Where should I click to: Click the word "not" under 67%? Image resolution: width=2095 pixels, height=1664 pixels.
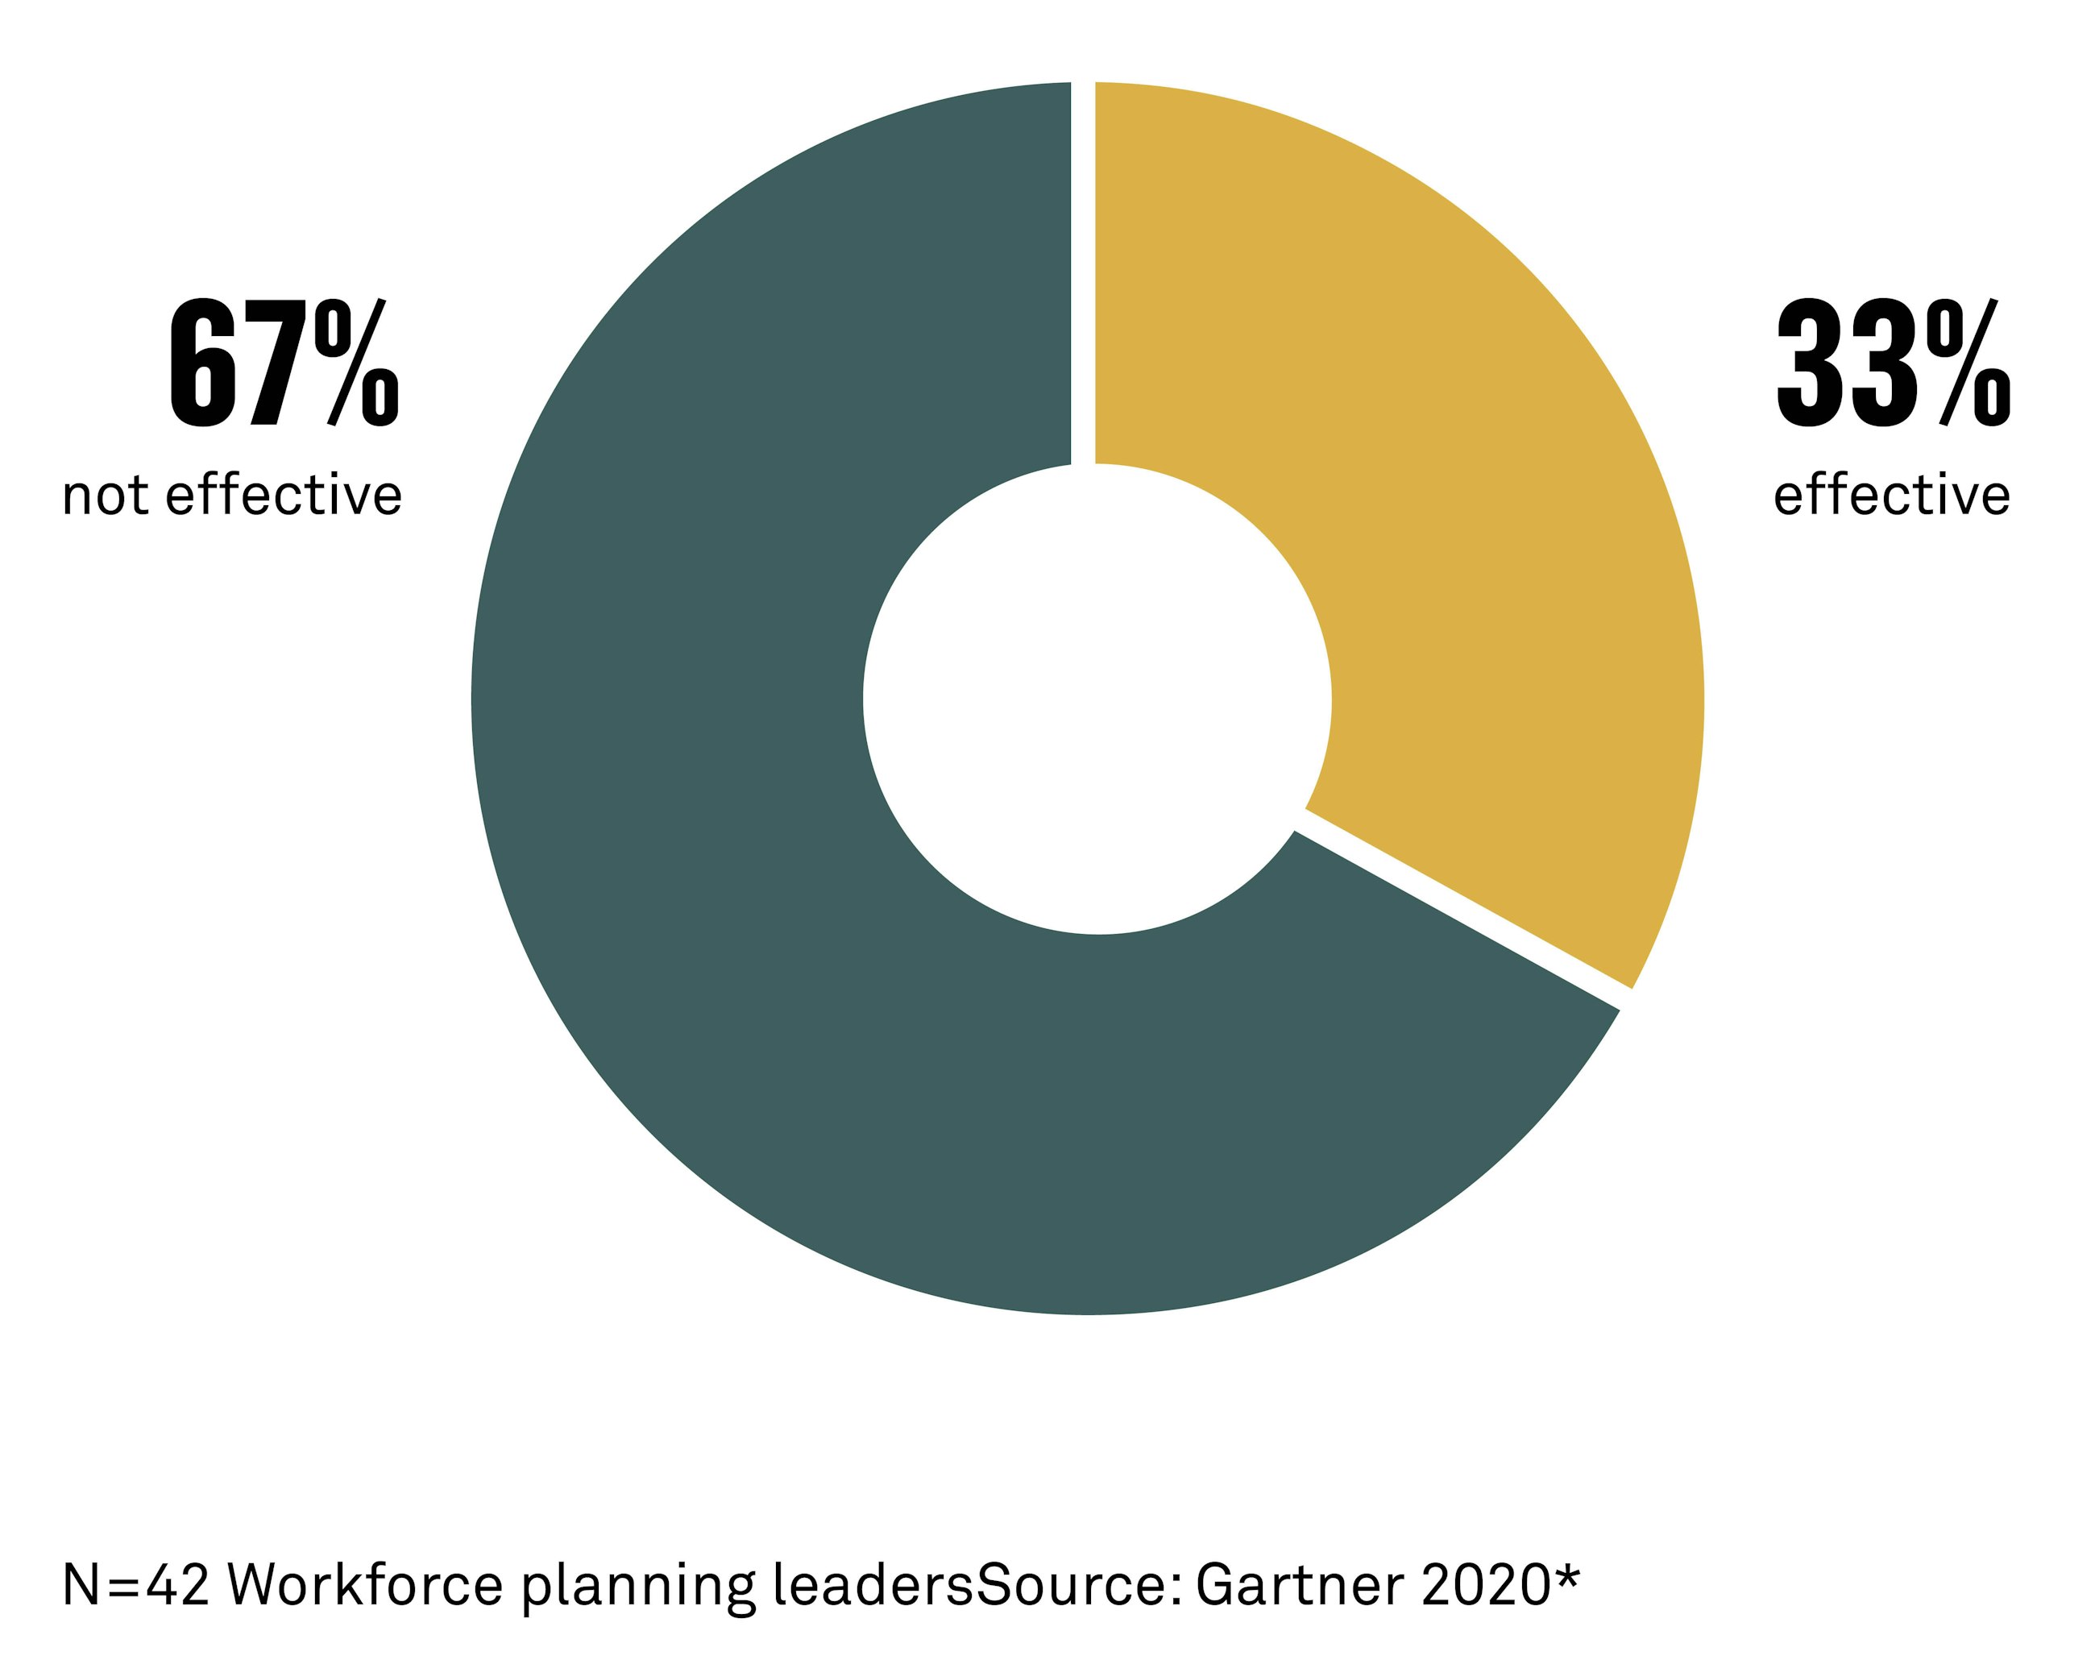click(103, 496)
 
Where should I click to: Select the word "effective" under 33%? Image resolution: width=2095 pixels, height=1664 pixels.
click(1891, 496)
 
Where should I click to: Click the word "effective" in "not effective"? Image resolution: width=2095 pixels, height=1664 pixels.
click(284, 496)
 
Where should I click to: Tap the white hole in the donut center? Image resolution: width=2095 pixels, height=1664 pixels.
click(1096, 699)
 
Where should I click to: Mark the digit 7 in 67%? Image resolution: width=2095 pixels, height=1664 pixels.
click(278, 364)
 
